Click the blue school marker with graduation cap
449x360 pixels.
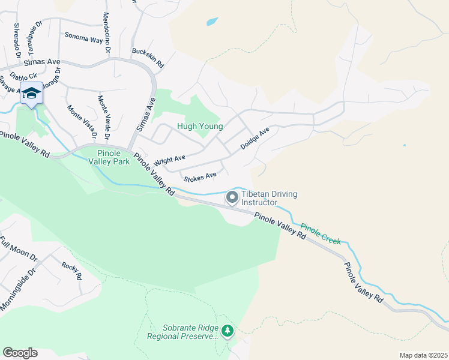(31, 94)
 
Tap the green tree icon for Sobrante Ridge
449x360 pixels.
(228, 330)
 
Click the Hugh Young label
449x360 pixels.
(200, 127)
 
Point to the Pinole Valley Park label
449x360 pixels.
(109, 157)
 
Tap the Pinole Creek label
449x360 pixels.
(321, 234)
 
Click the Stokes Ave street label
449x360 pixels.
(200, 177)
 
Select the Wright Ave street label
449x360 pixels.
(169, 161)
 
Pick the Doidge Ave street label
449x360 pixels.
(255, 138)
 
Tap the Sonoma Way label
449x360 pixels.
(83, 37)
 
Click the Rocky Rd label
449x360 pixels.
(71, 271)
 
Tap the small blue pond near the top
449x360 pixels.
(212, 22)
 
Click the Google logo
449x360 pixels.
(20, 353)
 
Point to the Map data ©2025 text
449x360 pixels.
(423, 355)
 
